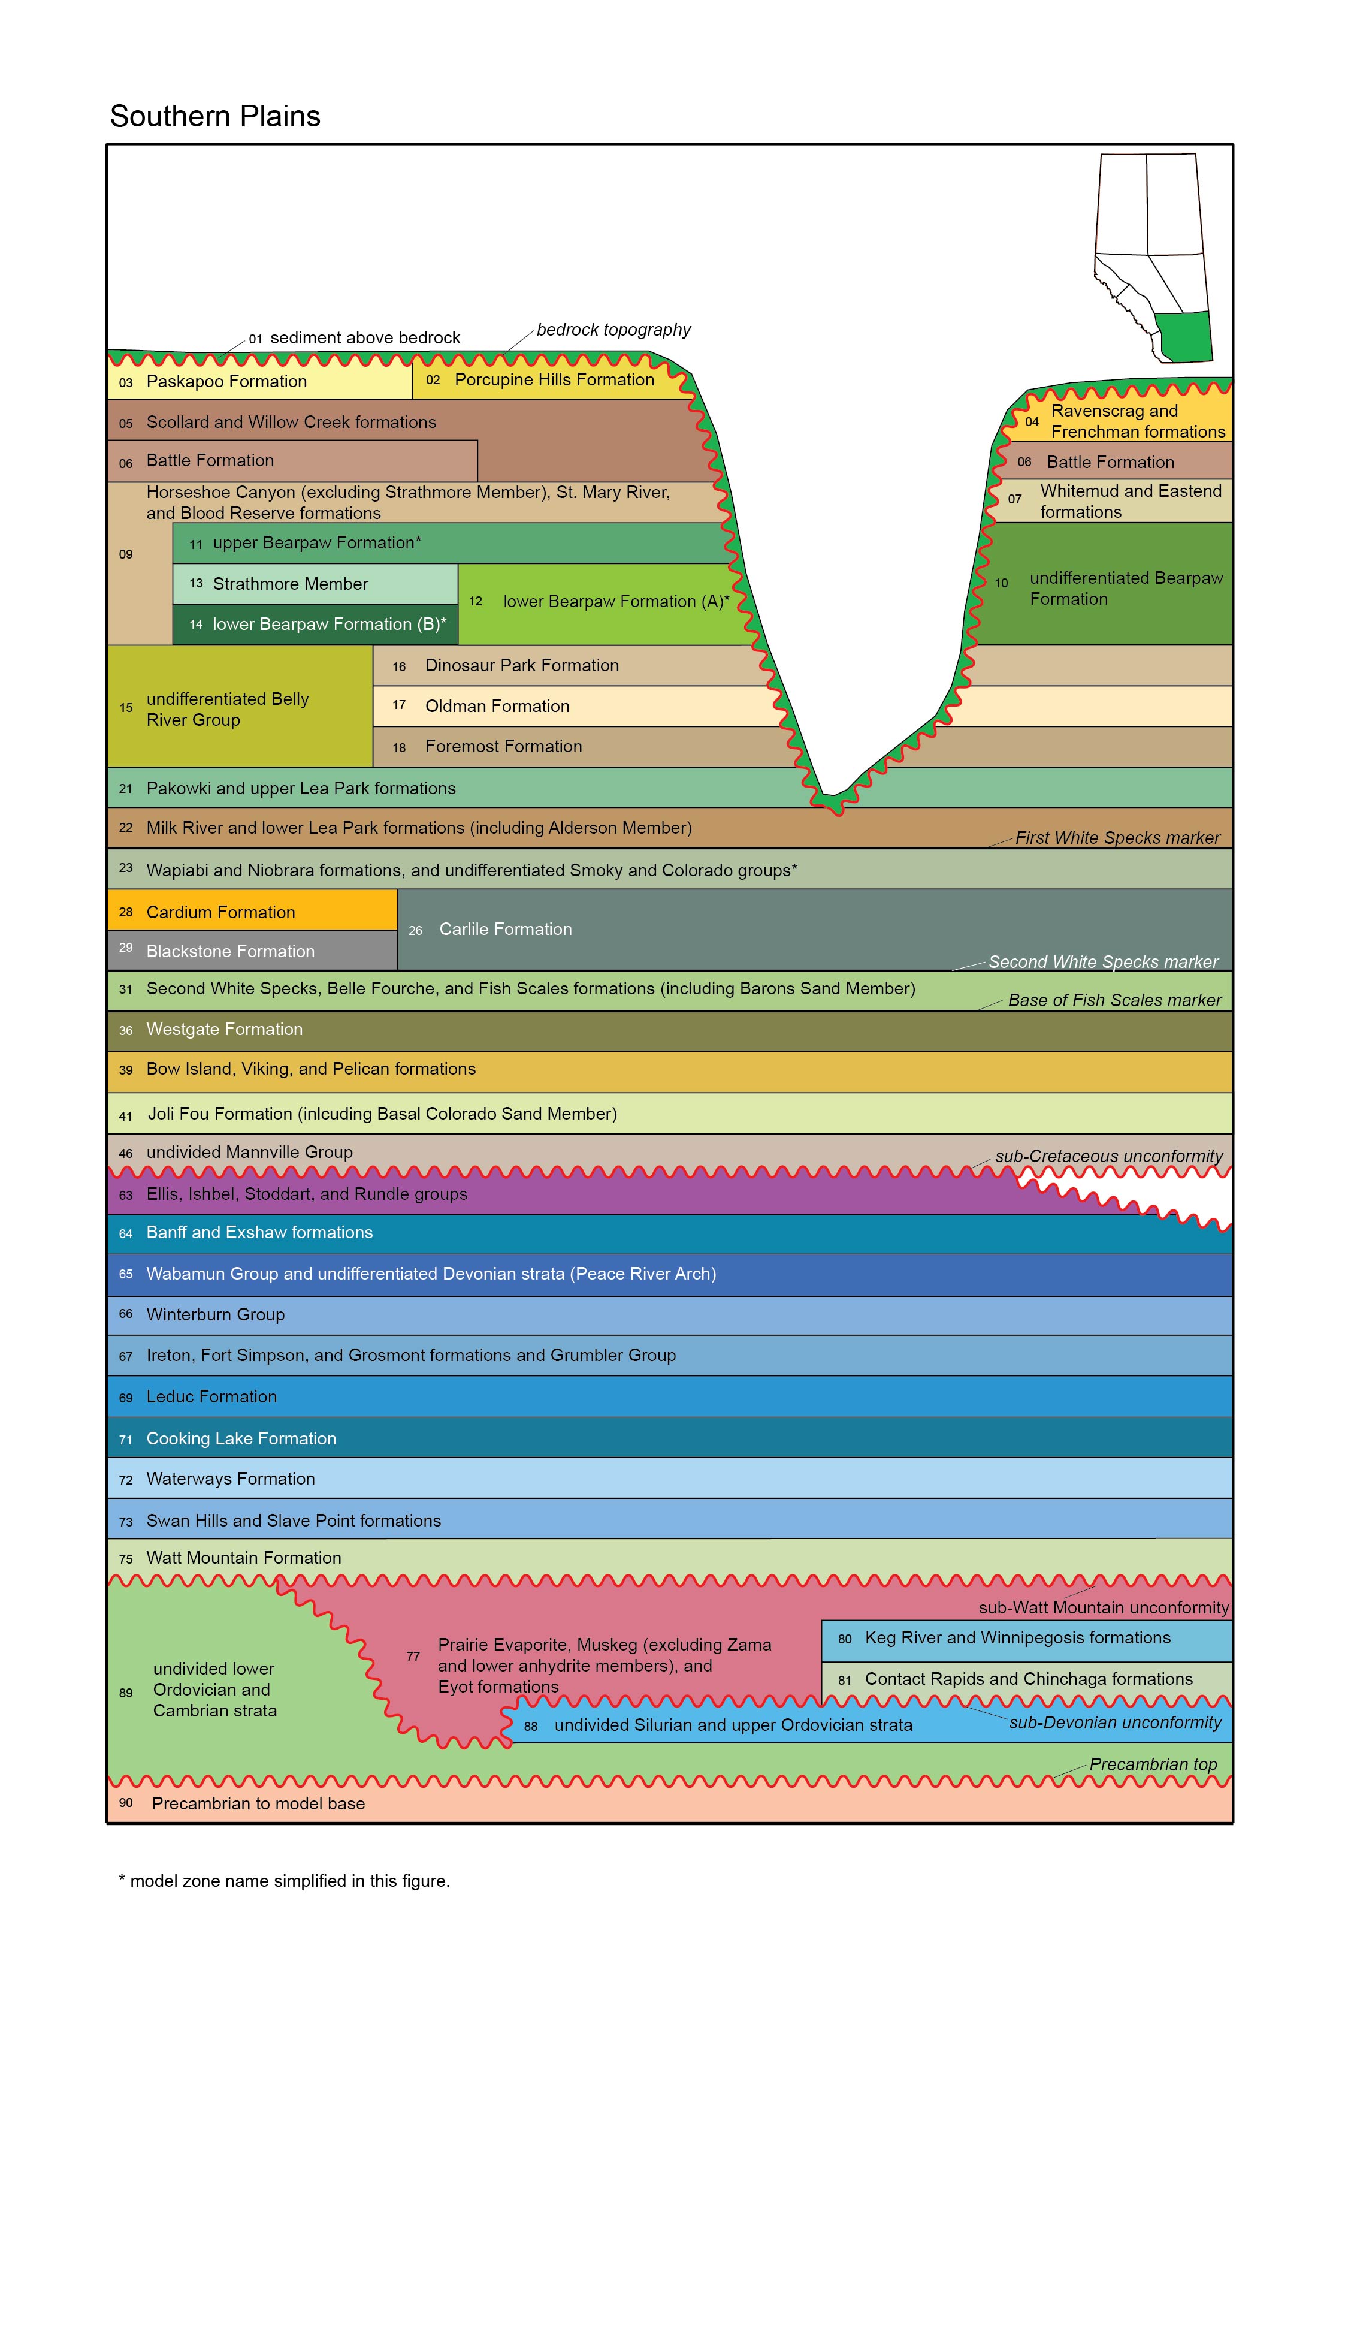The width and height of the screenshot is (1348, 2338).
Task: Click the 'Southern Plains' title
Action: pyautogui.click(x=215, y=117)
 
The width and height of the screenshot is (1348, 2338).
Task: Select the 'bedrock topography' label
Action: pyautogui.click(x=614, y=330)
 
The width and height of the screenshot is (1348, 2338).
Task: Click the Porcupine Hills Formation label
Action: pyautogui.click(x=555, y=379)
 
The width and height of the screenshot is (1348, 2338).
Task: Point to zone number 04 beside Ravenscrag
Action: pyautogui.click(x=1031, y=421)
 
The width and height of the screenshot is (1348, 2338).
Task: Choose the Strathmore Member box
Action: pyautogui.click(x=315, y=583)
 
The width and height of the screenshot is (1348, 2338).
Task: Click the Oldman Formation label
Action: pyautogui.click(x=497, y=705)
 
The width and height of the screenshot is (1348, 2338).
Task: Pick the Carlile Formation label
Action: pyautogui.click(x=506, y=929)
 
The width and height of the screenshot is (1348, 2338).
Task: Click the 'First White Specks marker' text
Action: pyautogui.click(x=1117, y=838)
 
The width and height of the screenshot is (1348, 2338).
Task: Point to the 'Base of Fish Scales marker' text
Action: pyautogui.click(x=1115, y=1000)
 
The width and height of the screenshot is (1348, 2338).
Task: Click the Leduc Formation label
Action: pyautogui.click(x=211, y=1396)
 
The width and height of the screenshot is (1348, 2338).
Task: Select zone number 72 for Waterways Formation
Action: pyautogui.click(x=126, y=1480)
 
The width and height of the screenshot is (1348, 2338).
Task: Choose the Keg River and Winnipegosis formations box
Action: pyautogui.click(x=1027, y=1640)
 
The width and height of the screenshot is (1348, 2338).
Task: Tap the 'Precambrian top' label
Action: pyautogui.click(x=1153, y=1764)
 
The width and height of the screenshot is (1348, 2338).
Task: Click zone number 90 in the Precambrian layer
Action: pyautogui.click(x=126, y=1803)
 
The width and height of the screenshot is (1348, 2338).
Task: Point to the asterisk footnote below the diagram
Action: pyautogui.click(x=284, y=1881)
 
